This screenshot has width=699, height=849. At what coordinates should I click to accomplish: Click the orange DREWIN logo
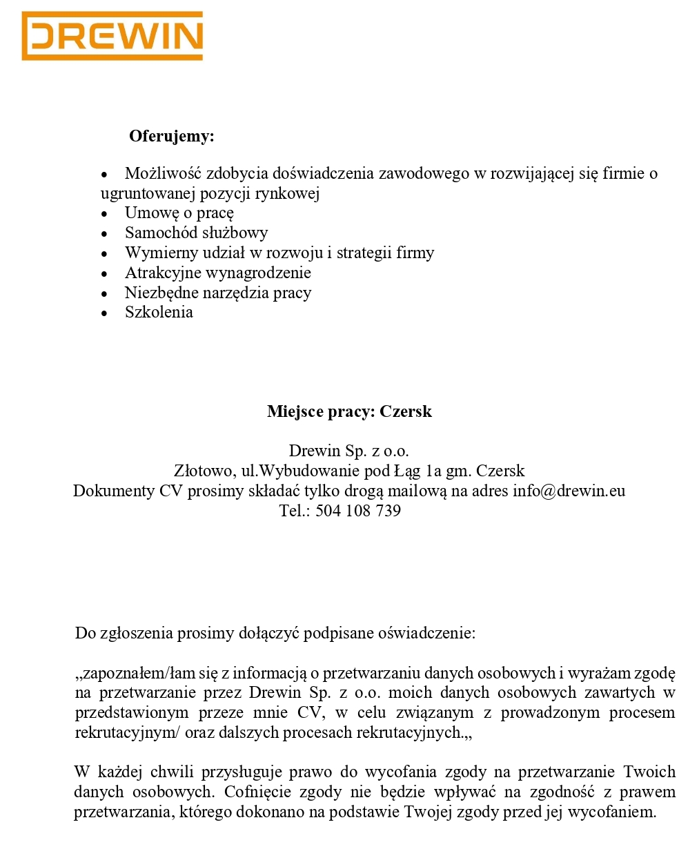(112, 36)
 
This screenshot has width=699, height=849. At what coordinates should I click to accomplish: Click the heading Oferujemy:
(172, 136)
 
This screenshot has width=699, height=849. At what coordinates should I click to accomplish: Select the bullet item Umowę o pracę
(179, 213)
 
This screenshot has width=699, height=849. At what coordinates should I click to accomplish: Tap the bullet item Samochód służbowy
(196, 233)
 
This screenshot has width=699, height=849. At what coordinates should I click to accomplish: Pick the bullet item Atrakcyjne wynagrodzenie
(218, 273)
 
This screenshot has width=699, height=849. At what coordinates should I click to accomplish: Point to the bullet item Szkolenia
(159, 312)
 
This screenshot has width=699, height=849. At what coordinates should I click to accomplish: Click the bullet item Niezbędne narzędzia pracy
(218, 293)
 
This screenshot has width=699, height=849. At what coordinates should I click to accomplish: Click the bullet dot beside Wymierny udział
(105, 254)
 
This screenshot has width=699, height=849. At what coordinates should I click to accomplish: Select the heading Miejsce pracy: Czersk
(349, 411)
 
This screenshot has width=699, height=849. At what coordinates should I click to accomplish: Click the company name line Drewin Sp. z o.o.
(349, 451)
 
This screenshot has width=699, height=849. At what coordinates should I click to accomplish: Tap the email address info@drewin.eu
(569, 491)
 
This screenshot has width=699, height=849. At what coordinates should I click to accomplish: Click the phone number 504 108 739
(358, 511)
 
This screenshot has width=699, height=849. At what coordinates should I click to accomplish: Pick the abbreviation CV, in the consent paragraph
(311, 712)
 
